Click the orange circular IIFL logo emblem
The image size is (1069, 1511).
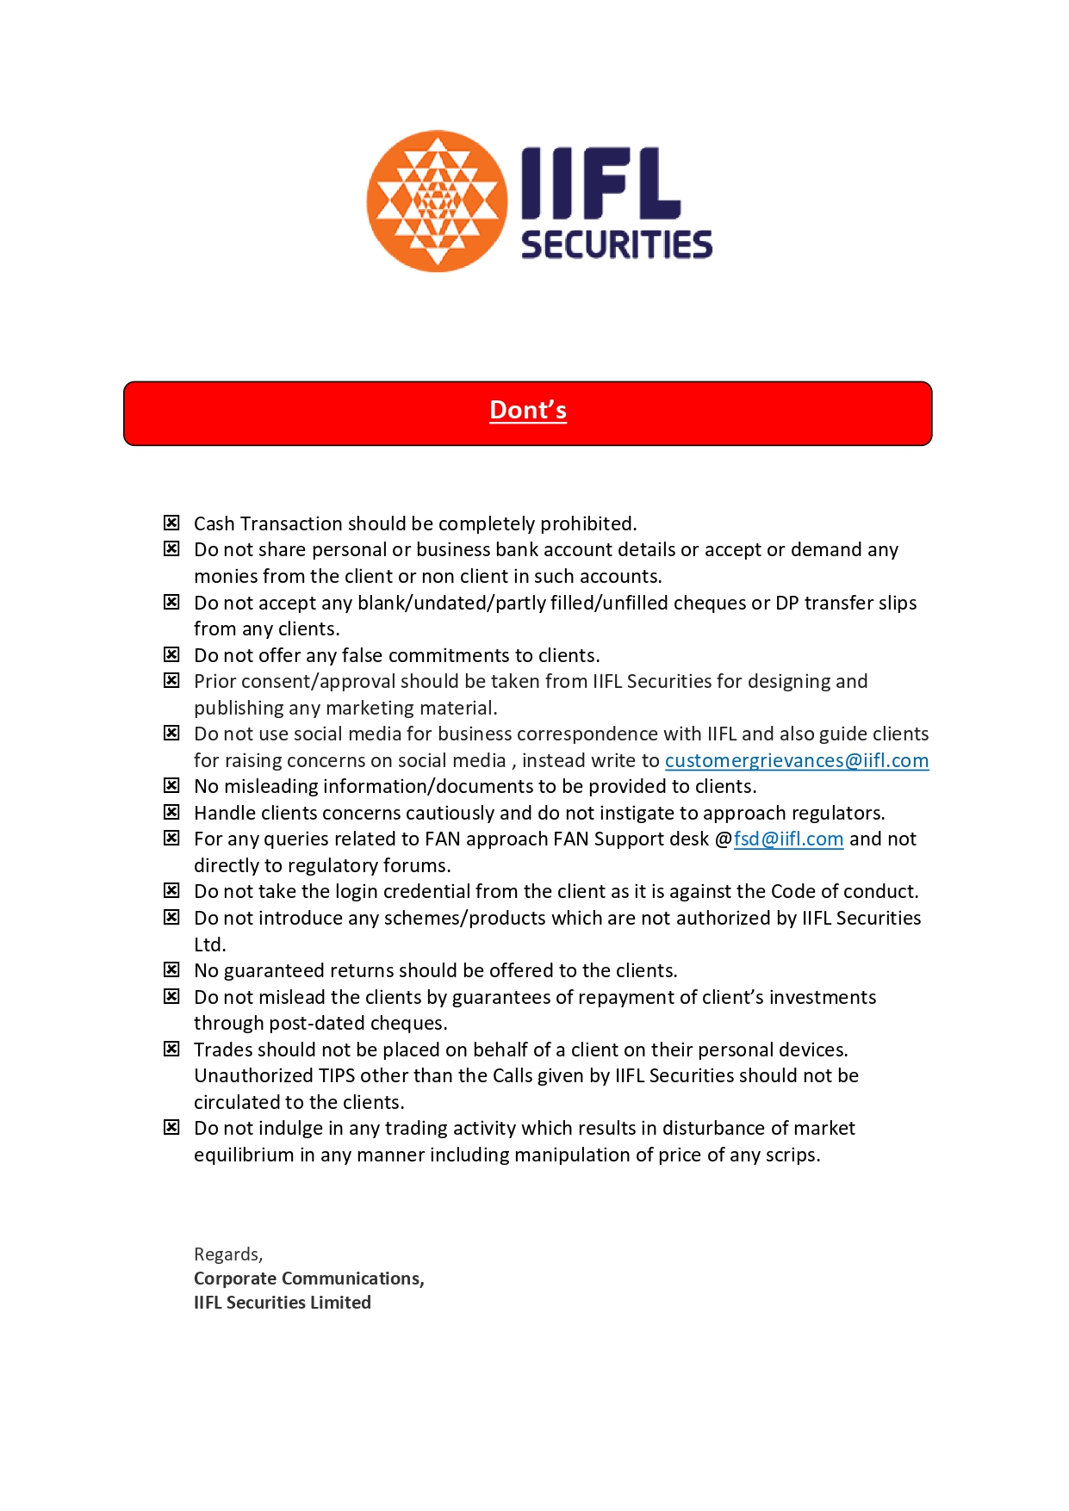click(437, 201)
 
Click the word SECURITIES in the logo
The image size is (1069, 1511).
click(617, 245)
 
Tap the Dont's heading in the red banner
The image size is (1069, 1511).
click(528, 411)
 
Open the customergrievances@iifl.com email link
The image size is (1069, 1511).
click(796, 761)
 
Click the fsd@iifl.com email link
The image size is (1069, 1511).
click(788, 839)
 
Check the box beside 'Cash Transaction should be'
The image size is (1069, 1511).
click(172, 523)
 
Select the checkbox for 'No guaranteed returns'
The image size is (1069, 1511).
click(172, 970)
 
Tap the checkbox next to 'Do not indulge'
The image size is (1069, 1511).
click(172, 1128)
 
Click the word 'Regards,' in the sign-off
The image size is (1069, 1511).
click(228, 1254)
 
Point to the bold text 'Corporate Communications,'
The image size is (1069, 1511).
click(308, 1279)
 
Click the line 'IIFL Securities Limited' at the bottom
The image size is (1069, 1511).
click(282, 1303)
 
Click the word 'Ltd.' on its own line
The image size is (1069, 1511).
click(209, 944)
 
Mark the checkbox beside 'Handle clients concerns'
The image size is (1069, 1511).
click(172, 812)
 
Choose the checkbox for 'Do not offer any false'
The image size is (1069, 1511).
click(172, 654)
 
